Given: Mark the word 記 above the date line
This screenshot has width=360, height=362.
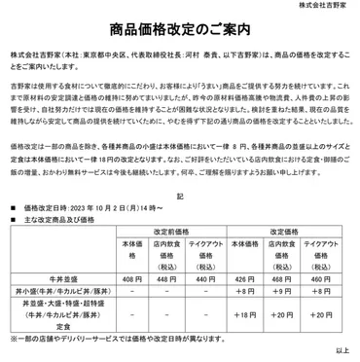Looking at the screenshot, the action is click(179, 196).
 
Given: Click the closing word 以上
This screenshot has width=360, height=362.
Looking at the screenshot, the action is click(342, 351).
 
